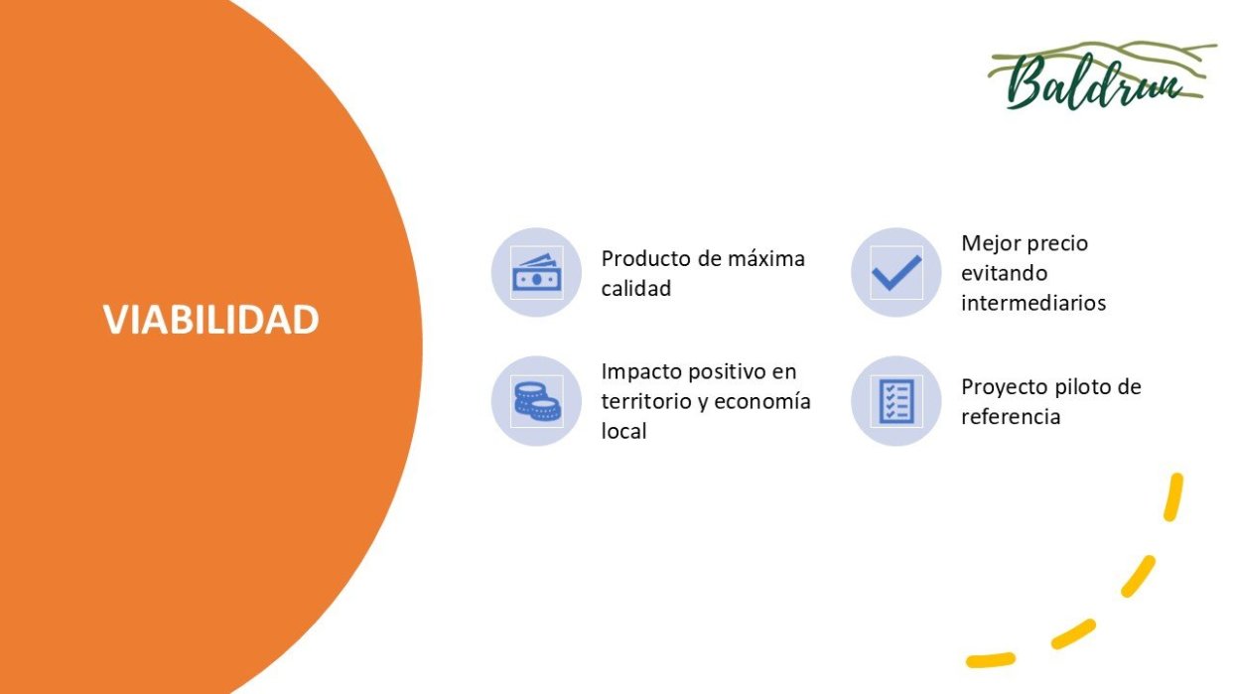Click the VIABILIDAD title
[x=211, y=319]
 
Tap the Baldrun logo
[x=1102, y=76]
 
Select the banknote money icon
[x=536, y=272]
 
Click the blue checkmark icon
[x=896, y=272]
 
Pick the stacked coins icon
[x=537, y=401]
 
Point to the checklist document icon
[x=896, y=401]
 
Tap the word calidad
[x=636, y=288]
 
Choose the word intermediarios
[x=1033, y=303]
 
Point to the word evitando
[x=1004, y=273]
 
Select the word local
[x=623, y=431]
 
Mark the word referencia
[x=1012, y=417]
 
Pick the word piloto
[x=1085, y=386]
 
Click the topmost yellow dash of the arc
[x=1173, y=496]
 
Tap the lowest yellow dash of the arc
[x=990, y=660]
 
